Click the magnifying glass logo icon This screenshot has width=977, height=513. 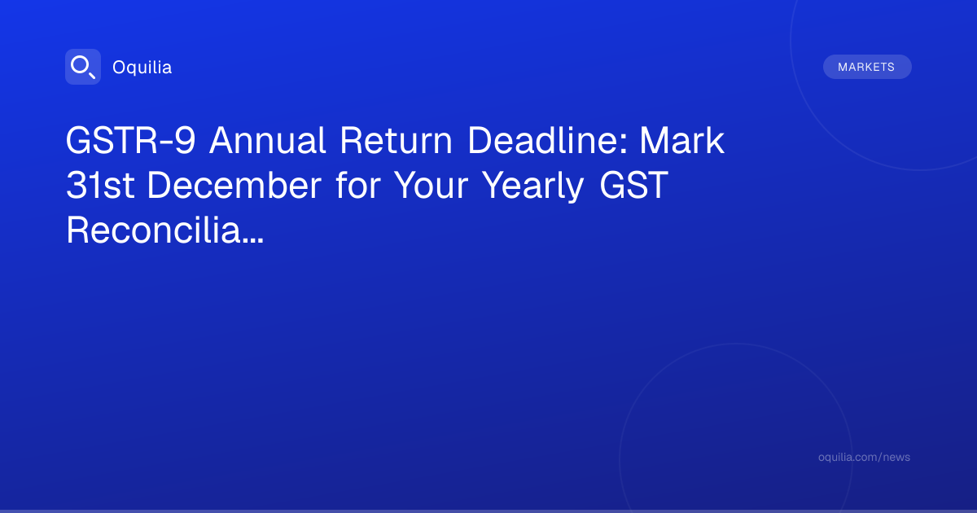click(x=83, y=67)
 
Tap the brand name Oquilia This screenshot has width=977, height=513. click(x=142, y=67)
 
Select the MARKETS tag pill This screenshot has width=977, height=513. click(x=867, y=67)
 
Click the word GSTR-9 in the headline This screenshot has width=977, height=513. click(x=131, y=140)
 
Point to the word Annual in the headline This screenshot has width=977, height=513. click(x=267, y=140)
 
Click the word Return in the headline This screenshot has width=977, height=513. click(x=396, y=140)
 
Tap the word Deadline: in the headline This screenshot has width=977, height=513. click(x=547, y=140)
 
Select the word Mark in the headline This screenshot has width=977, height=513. click(x=682, y=140)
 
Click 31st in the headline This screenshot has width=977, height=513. click(x=100, y=185)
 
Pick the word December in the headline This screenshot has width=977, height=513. click(x=234, y=185)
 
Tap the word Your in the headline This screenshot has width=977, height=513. click(x=431, y=185)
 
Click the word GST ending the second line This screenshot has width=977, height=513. click(x=633, y=185)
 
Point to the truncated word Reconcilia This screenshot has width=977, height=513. click(x=153, y=230)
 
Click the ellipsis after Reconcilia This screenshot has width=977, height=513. click(x=252, y=240)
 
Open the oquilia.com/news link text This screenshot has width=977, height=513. click(x=864, y=457)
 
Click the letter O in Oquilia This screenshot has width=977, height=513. click(x=119, y=68)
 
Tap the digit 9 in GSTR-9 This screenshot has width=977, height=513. click(x=185, y=140)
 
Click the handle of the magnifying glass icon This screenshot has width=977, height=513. click(x=92, y=75)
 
